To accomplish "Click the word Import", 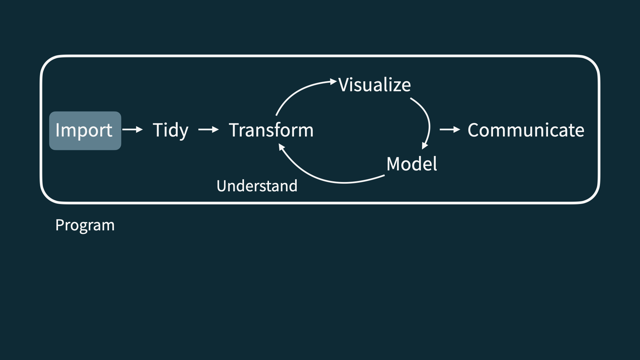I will (84, 130).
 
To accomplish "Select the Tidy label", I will (170, 130).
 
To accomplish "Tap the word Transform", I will (271, 130).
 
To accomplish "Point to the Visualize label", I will (374, 85).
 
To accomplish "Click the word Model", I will (411, 164).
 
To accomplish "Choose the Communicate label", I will (526, 130).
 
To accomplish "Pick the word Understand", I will (257, 186).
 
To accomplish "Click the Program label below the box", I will (85, 225).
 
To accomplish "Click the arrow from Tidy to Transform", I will (208, 129).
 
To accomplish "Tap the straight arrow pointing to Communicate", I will (450, 129).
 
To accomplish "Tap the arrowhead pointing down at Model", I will (424, 146).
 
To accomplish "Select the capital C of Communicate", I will (474, 130).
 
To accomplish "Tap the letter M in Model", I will (394, 164).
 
